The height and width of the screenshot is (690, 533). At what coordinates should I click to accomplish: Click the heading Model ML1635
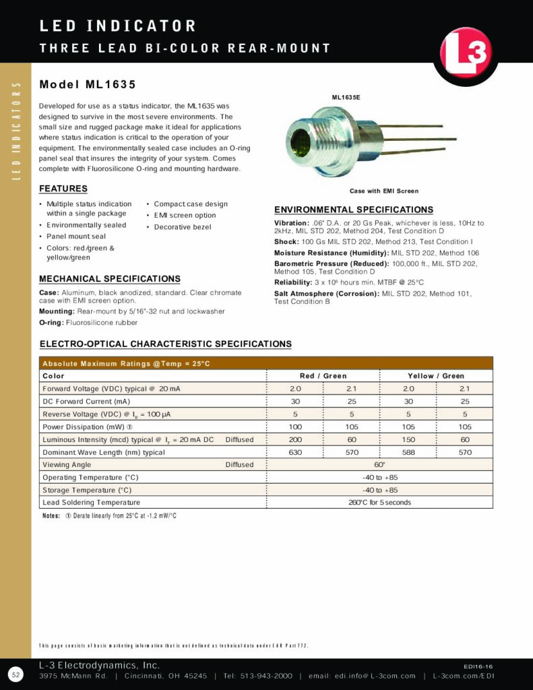pyautogui.click(x=88, y=85)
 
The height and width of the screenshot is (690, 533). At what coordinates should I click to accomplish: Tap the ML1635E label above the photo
pyautogui.click(x=346, y=98)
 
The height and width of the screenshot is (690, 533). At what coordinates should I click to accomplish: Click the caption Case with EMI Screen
pyautogui.click(x=384, y=191)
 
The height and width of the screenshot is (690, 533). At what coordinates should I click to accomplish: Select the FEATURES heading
pyautogui.click(x=63, y=189)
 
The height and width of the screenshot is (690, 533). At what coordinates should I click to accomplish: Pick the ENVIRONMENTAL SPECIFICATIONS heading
pyautogui.click(x=354, y=210)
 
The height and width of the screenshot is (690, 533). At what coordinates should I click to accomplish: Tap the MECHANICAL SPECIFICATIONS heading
pyautogui.click(x=110, y=279)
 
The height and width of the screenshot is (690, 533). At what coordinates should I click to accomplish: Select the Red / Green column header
pyautogui.click(x=323, y=376)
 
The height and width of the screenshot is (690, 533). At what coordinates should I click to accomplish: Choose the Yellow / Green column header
pyautogui.click(x=436, y=376)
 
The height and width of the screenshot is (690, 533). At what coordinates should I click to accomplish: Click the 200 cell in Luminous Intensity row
pyautogui.click(x=295, y=439)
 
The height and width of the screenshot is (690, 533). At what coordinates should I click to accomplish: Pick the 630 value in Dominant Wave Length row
pyautogui.click(x=295, y=452)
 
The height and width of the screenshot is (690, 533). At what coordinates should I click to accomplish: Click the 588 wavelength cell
pyautogui.click(x=408, y=452)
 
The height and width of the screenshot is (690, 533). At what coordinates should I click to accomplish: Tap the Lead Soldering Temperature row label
pyautogui.click(x=91, y=503)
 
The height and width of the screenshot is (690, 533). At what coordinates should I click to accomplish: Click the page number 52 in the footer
pyautogui.click(x=15, y=675)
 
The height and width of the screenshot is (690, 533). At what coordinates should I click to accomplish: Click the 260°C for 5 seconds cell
pyautogui.click(x=379, y=503)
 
